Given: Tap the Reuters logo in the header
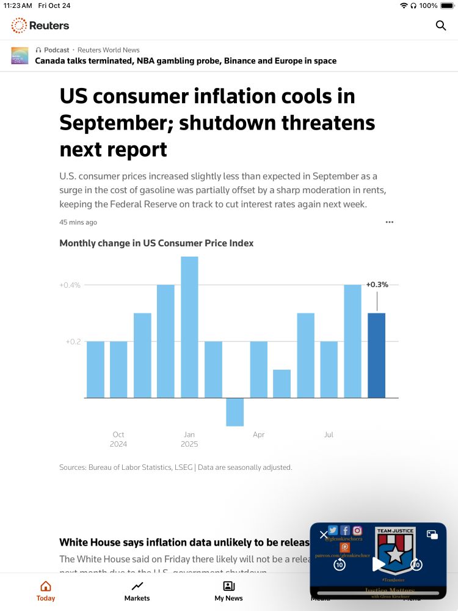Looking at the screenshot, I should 40,26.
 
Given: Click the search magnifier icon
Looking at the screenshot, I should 441,26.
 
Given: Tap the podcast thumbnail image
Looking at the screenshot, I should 20,56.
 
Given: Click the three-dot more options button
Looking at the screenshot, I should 390,222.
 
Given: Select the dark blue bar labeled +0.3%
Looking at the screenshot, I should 376,355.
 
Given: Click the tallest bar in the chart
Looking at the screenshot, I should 189,327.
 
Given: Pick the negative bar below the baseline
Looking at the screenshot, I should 235,412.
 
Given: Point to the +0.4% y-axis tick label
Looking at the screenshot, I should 70,285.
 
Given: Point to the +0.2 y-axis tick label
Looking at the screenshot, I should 73,342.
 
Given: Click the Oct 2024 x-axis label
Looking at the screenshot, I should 118,439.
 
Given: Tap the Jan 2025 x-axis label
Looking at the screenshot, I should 189,439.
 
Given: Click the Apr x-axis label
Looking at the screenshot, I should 259,435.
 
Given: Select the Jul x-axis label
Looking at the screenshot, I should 329,435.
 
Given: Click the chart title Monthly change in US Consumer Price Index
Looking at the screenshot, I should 156,243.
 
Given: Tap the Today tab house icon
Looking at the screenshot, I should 46,587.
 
